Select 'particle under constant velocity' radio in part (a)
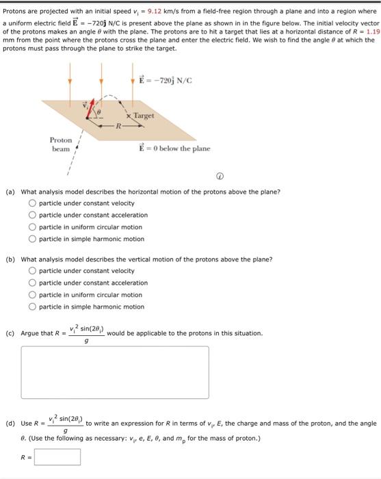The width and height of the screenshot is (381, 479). pos(32,203)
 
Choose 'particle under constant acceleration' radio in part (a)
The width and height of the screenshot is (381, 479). pos(32,215)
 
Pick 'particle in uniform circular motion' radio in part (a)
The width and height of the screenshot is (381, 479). pos(32,227)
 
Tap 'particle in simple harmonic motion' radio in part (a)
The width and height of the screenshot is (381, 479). pos(32,239)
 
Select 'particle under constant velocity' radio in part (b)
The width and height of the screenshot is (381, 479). pos(32,271)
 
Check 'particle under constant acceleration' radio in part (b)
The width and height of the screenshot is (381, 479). pos(32,283)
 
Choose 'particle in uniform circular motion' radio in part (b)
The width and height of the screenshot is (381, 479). pos(32,295)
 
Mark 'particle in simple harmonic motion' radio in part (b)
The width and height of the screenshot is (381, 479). pos(32,307)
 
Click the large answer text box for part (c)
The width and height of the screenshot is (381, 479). pos(114,372)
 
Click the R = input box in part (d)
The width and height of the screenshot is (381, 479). pos(57,456)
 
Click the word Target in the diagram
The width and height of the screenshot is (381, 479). pos(144,116)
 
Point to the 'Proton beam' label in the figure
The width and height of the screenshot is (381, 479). pos(61,144)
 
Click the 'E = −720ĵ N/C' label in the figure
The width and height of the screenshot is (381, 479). pos(165,79)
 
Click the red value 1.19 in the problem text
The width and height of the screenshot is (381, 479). pos(372,31)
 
